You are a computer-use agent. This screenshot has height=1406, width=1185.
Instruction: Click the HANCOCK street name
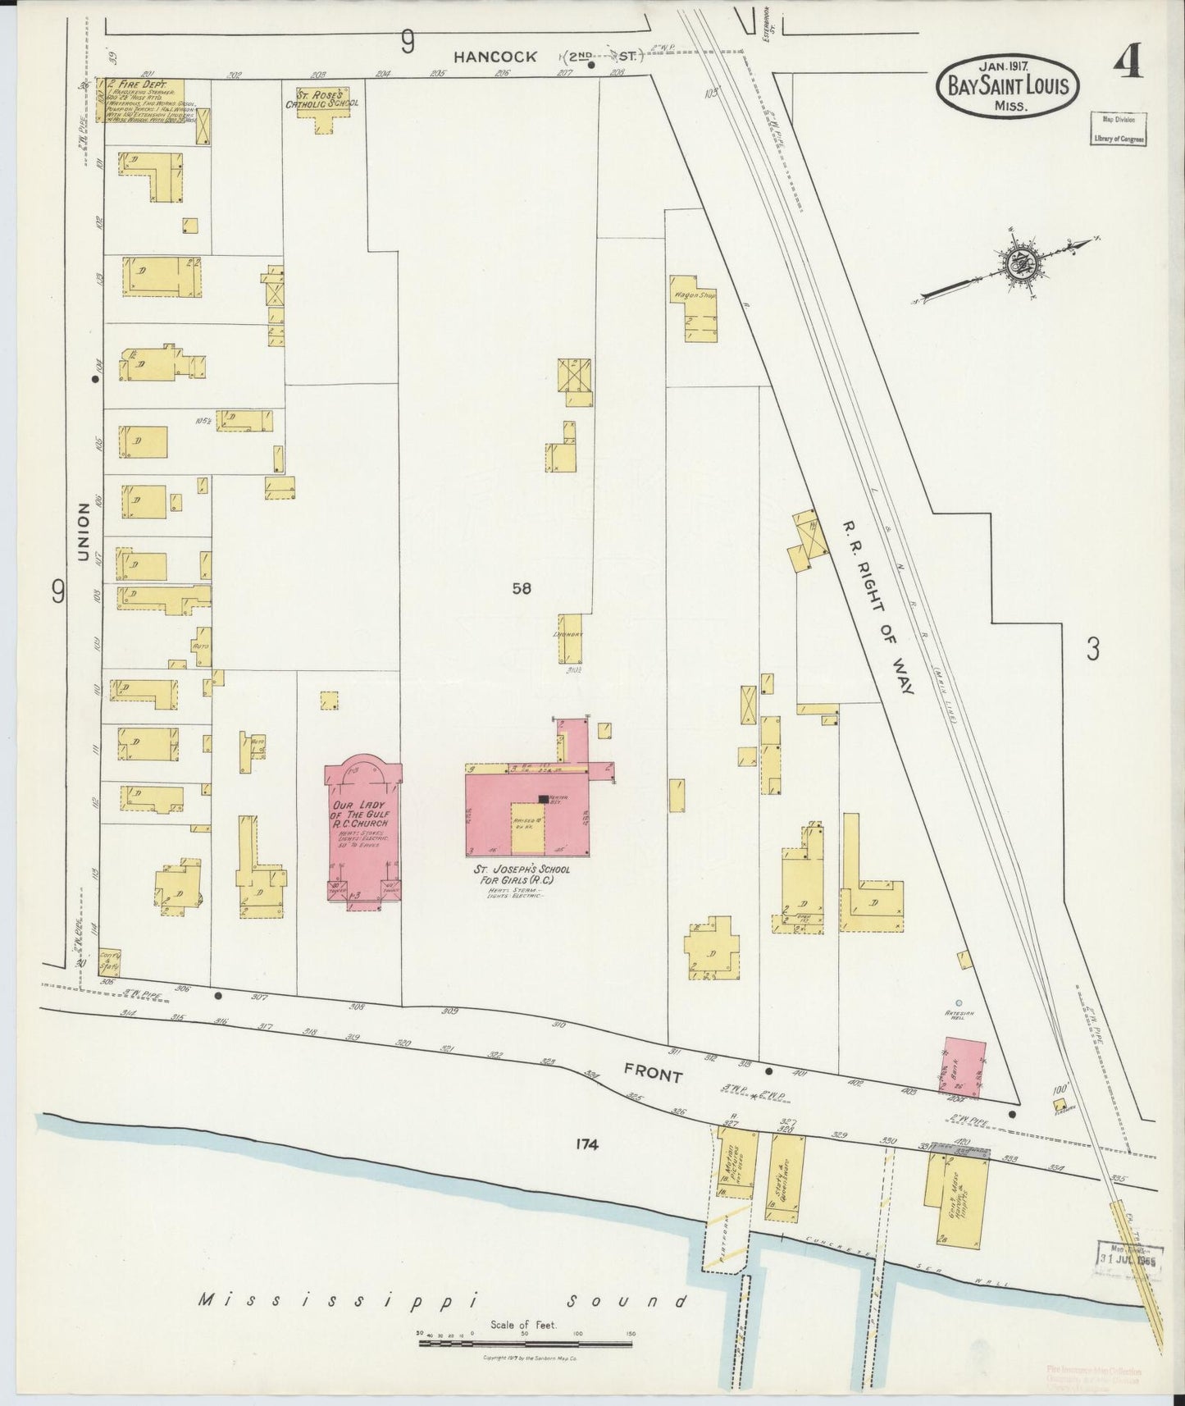click(x=497, y=57)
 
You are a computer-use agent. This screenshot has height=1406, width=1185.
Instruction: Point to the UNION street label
click(x=83, y=532)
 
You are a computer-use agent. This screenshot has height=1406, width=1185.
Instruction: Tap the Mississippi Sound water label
click(x=443, y=1300)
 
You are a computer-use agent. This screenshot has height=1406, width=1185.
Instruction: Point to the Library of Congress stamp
click(x=1118, y=130)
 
